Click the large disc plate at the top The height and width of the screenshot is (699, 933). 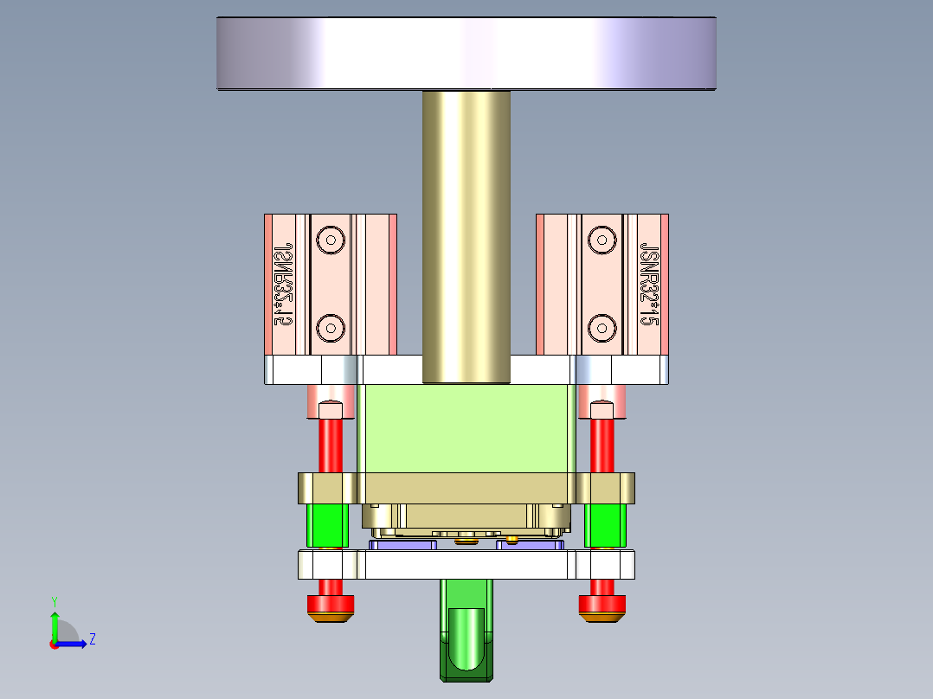(466, 54)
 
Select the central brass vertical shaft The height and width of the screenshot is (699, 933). (466, 234)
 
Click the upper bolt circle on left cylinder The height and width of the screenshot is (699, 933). (330, 239)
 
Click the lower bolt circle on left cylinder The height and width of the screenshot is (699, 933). (330, 327)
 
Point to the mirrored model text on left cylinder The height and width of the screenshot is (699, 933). (281, 283)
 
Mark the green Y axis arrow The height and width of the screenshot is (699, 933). (55, 623)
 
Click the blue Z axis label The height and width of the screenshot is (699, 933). (93, 639)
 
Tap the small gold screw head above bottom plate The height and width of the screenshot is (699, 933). (513, 541)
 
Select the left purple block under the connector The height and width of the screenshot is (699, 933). (403, 544)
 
